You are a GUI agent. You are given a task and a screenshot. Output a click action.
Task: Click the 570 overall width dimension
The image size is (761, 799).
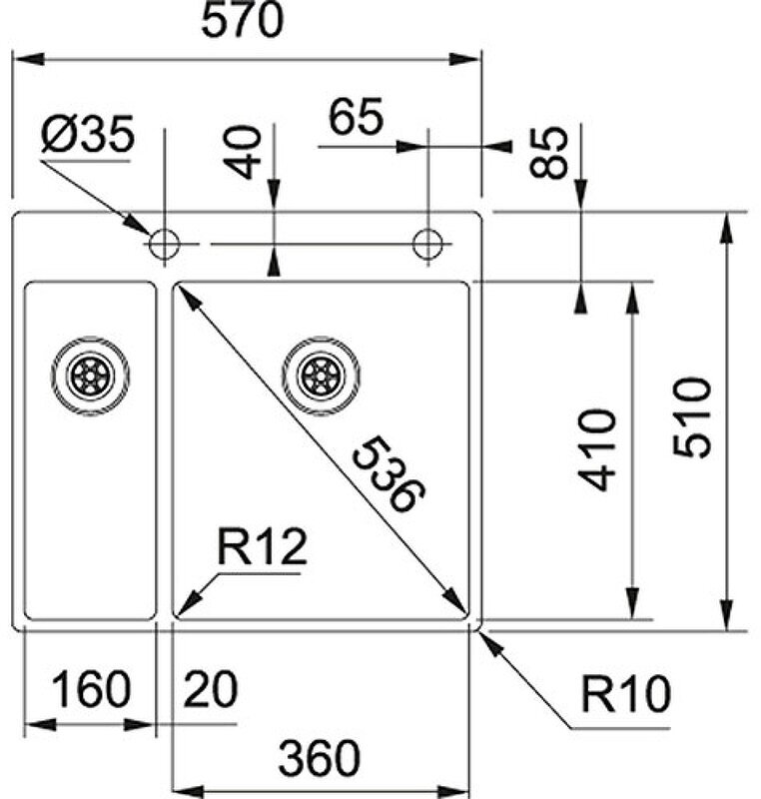click(244, 22)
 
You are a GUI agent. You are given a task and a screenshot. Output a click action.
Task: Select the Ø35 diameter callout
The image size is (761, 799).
click(87, 137)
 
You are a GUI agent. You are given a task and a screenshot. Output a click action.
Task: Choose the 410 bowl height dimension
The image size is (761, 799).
click(598, 449)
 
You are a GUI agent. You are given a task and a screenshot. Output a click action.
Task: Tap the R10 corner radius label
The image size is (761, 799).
click(626, 695)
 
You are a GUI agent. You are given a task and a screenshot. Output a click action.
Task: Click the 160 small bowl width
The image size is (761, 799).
click(91, 689)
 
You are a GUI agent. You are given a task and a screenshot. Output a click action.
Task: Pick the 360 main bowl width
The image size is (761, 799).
click(319, 759)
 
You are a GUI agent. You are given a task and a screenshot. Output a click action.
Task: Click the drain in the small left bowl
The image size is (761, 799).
click(90, 376)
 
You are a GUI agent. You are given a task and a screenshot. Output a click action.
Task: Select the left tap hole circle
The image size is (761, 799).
click(163, 244)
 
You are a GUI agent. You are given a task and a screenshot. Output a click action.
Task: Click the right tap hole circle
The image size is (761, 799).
click(428, 244)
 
